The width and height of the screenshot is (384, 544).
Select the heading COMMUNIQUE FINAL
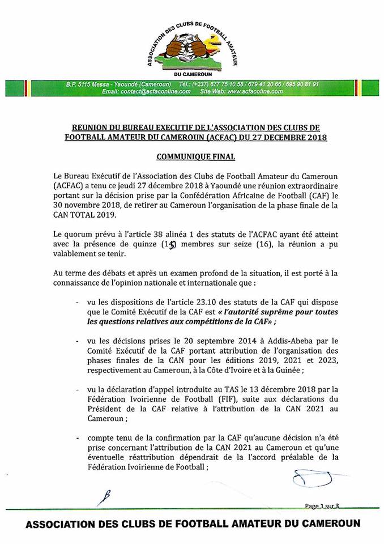[x=192, y=155]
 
